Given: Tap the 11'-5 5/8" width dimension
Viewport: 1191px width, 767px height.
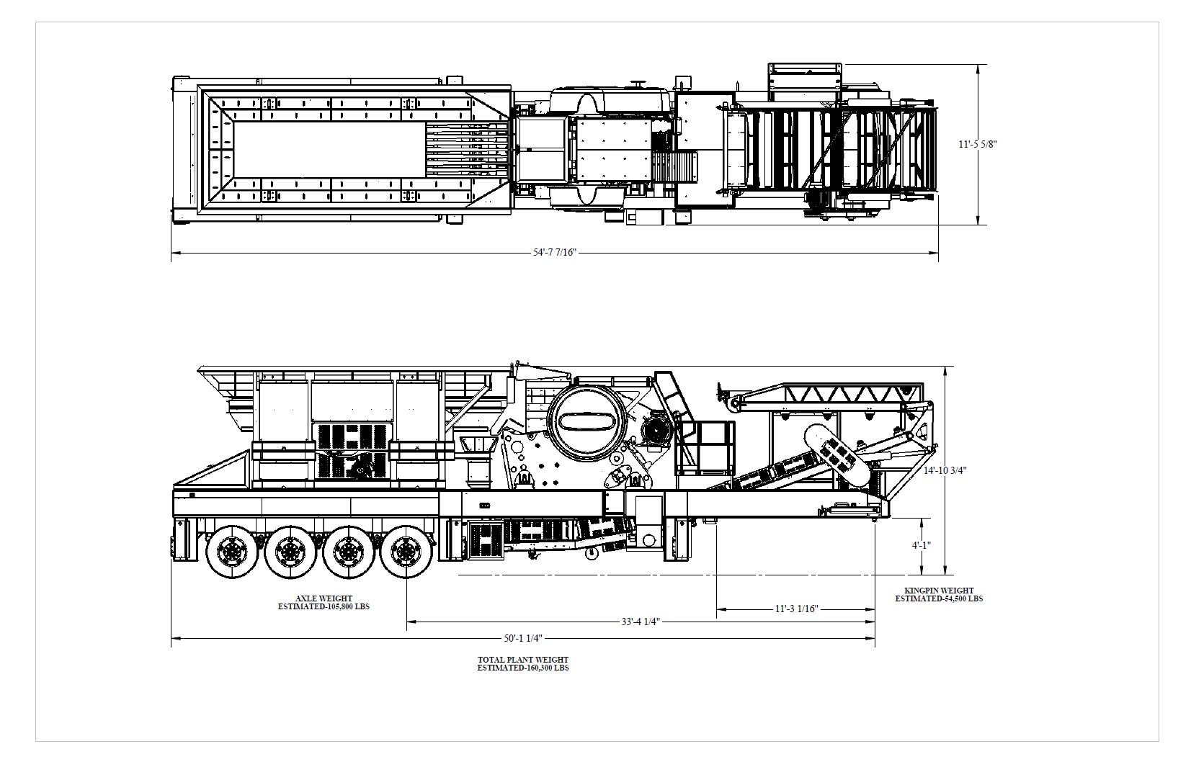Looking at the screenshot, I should [977, 144].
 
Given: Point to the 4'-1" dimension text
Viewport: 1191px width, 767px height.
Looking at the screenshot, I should [922, 545].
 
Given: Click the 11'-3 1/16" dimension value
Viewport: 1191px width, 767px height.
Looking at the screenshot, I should [796, 609].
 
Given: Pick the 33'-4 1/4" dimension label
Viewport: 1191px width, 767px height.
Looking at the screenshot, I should [640, 621].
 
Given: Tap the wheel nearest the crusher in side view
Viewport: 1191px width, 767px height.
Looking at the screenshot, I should [405, 552].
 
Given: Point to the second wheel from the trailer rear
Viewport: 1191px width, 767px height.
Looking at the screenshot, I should [290, 552].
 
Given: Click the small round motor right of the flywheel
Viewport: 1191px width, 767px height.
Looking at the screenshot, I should [656, 431].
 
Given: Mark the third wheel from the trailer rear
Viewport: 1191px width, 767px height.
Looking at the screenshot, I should [347, 552].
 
